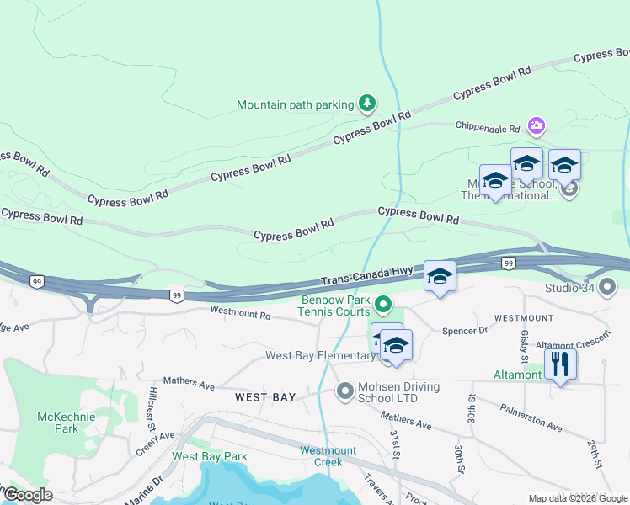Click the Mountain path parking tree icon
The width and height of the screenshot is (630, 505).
(x=366, y=104)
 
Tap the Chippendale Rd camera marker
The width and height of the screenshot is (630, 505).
(x=536, y=126)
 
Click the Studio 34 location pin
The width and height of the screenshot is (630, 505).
(x=609, y=288)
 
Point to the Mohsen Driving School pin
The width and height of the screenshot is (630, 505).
(x=344, y=390)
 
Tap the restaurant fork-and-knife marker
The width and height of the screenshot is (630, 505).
(x=560, y=364)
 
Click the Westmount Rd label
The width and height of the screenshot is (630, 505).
(x=240, y=314)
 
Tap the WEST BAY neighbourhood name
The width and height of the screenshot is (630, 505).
(x=264, y=396)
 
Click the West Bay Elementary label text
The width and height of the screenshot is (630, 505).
(x=320, y=355)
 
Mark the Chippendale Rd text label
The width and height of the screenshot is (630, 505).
(x=488, y=129)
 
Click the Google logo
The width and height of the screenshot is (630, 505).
(x=27, y=495)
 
